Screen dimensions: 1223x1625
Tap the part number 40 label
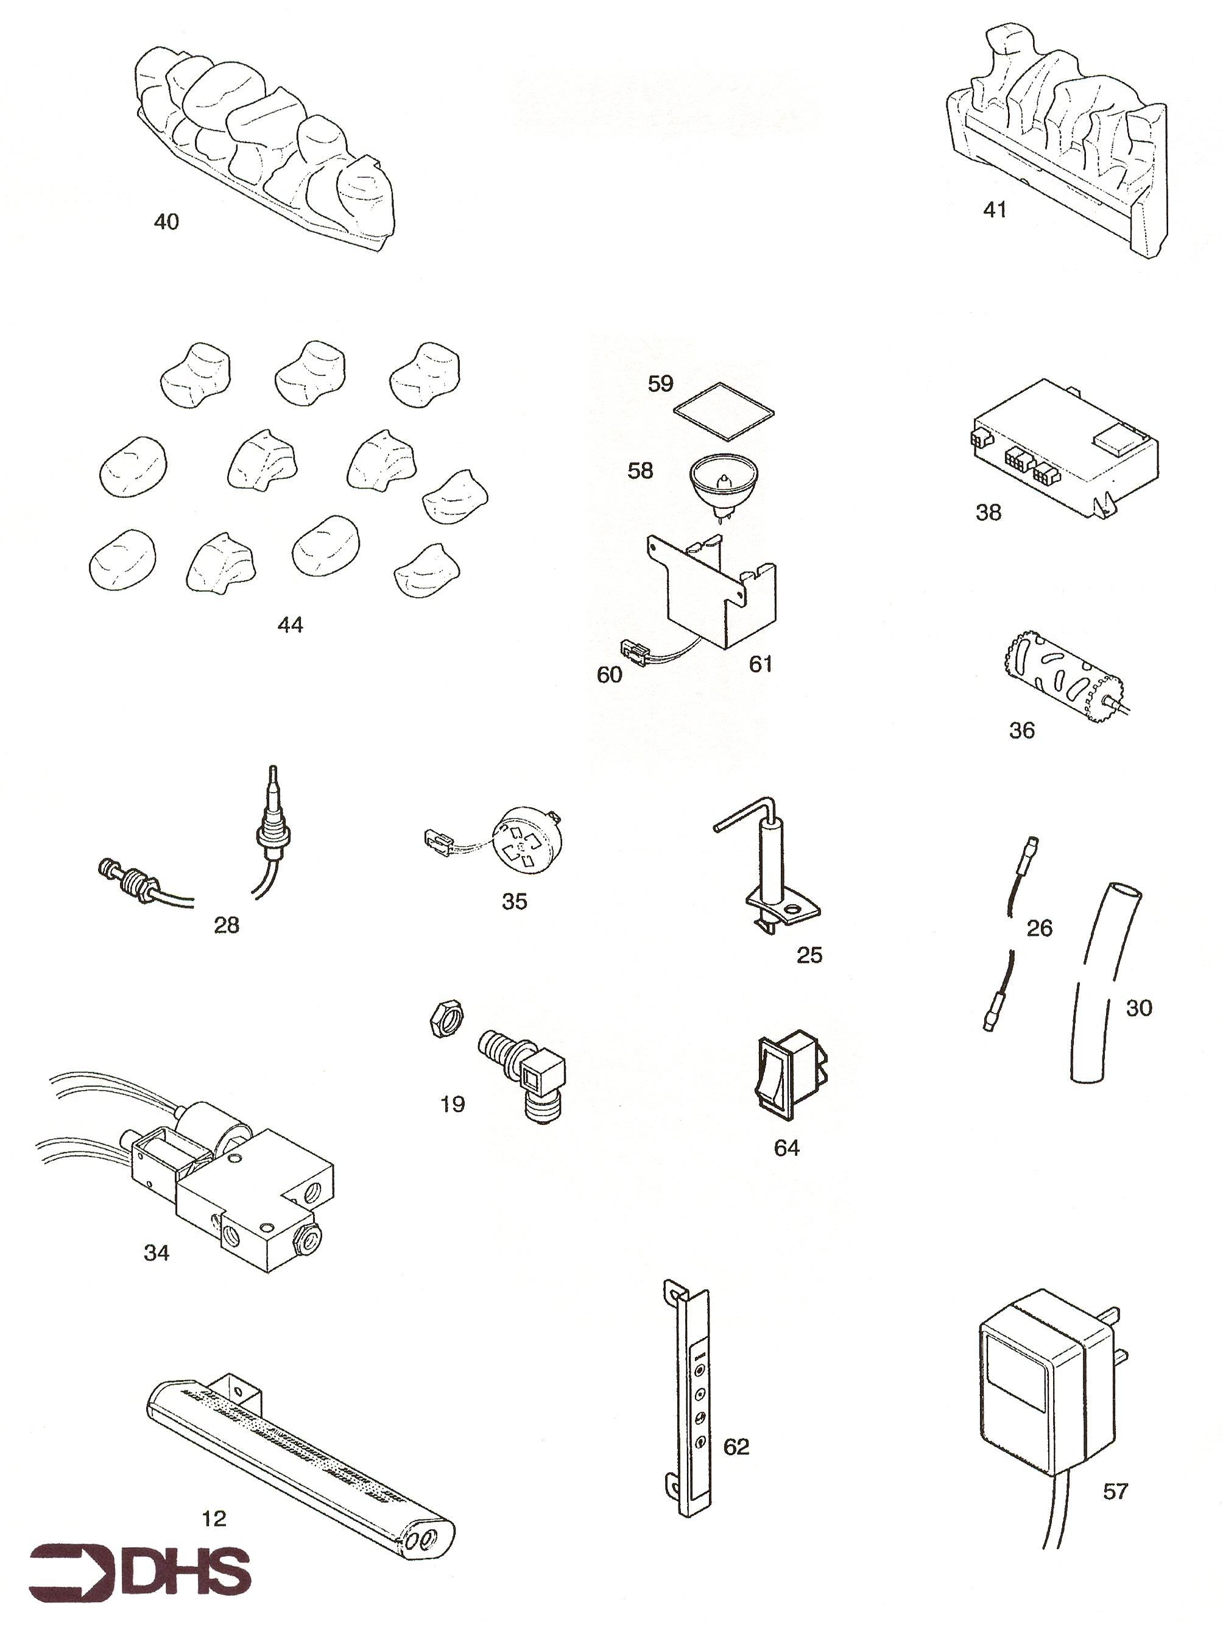166,222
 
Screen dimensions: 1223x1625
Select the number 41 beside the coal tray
995,210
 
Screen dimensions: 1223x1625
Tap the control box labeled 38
1065,447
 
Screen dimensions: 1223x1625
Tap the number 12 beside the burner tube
214,1518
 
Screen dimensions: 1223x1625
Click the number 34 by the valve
157,1253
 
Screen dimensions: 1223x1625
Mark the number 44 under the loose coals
290,625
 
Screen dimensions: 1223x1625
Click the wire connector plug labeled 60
635,651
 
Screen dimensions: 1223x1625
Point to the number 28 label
226,925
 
